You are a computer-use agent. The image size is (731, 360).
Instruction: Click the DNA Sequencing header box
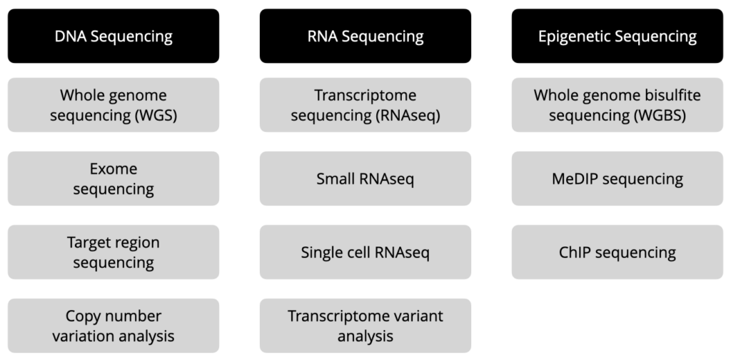tap(114, 36)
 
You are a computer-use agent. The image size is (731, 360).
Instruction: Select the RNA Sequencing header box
tap(365, 36)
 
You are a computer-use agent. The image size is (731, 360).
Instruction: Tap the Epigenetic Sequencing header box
tap(617, 36)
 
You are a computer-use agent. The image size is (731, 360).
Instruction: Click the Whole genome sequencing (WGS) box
tap(114, 105)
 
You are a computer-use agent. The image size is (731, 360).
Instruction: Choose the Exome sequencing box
tap(114, 179)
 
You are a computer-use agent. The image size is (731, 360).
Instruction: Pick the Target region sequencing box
tap(114, 252)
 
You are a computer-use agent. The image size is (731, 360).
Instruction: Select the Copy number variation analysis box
tap(114, 326)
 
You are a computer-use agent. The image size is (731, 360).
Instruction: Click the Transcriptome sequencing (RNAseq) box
tap(365, 105)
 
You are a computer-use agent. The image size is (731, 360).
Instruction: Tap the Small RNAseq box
tap(365, 179)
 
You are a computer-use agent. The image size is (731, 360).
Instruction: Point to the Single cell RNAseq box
tap(365, 252)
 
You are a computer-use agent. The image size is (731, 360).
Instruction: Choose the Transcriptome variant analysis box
tap(365, 326)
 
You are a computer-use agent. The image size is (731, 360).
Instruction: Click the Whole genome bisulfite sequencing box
tap(617, 105)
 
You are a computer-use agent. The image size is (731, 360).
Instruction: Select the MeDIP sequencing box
tap(617, 179)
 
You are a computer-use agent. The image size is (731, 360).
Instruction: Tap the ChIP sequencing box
tap(617, 252)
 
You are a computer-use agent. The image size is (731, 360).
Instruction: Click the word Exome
tap(114, 169)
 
